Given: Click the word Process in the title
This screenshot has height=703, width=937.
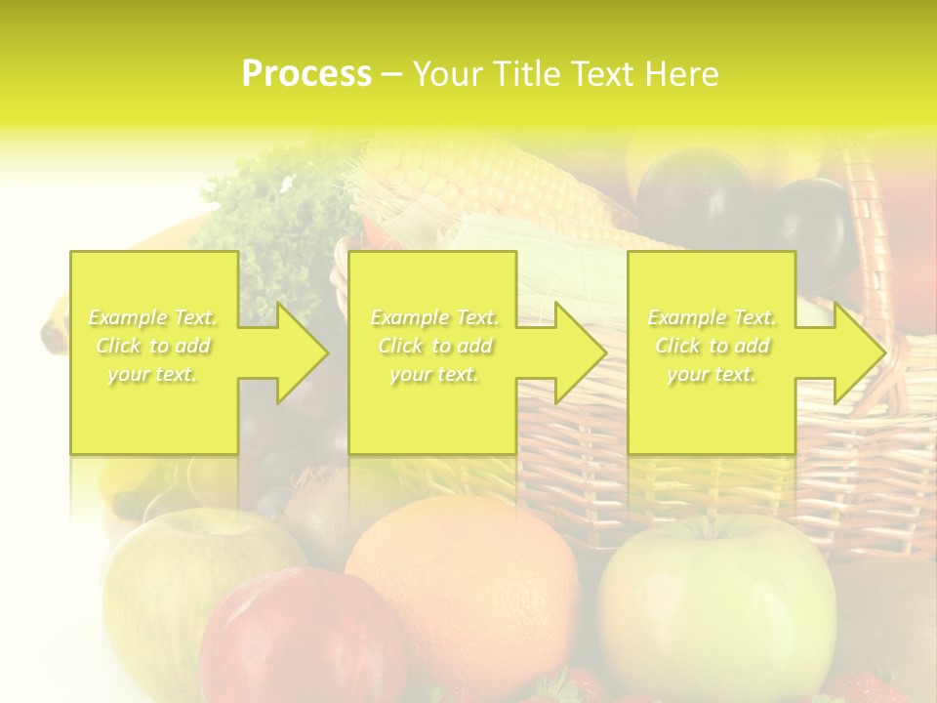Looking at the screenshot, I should pyautogui.click(x=306, y=74).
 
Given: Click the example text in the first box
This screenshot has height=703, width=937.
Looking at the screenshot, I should pyautogui.click(x=153, y=346).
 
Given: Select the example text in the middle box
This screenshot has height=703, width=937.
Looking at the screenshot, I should pyautogui.click(x=432, y=346).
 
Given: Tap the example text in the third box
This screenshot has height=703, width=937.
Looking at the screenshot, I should pyautogui.click(x=711, y=346).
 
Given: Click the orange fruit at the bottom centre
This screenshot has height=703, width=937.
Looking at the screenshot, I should pyautogui.click(x=464, y=576).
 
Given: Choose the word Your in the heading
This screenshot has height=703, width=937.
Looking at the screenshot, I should pyautogui.click(x=445, y=74).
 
